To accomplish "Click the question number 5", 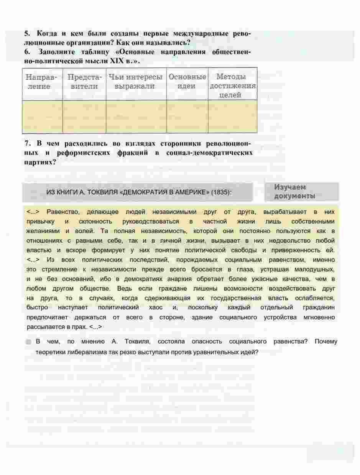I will [27, 34].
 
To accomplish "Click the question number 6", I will [27, 52].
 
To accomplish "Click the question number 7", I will [27, 143].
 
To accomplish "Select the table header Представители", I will [84, 82].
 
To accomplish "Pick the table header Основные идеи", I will [187, 82].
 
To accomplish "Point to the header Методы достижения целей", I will [232, 86].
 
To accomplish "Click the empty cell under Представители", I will [84, 117].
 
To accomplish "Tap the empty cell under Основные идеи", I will [187, 117].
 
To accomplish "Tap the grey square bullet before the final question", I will [29, 342].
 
